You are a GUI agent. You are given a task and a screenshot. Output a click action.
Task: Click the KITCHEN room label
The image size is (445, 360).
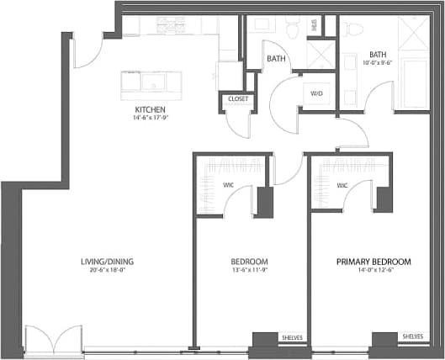149,110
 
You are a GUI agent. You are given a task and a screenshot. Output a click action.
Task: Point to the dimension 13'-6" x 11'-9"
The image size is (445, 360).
249,271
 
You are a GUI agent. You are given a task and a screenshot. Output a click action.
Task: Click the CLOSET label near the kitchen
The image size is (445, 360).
236,99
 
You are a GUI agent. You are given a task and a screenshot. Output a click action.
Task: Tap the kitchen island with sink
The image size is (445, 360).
151,82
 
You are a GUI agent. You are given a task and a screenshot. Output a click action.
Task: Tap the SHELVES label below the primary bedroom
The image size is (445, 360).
412,337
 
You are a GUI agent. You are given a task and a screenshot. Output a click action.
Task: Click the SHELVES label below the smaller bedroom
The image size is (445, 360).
294,337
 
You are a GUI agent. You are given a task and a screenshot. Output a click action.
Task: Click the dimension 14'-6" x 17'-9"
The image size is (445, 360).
149,119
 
